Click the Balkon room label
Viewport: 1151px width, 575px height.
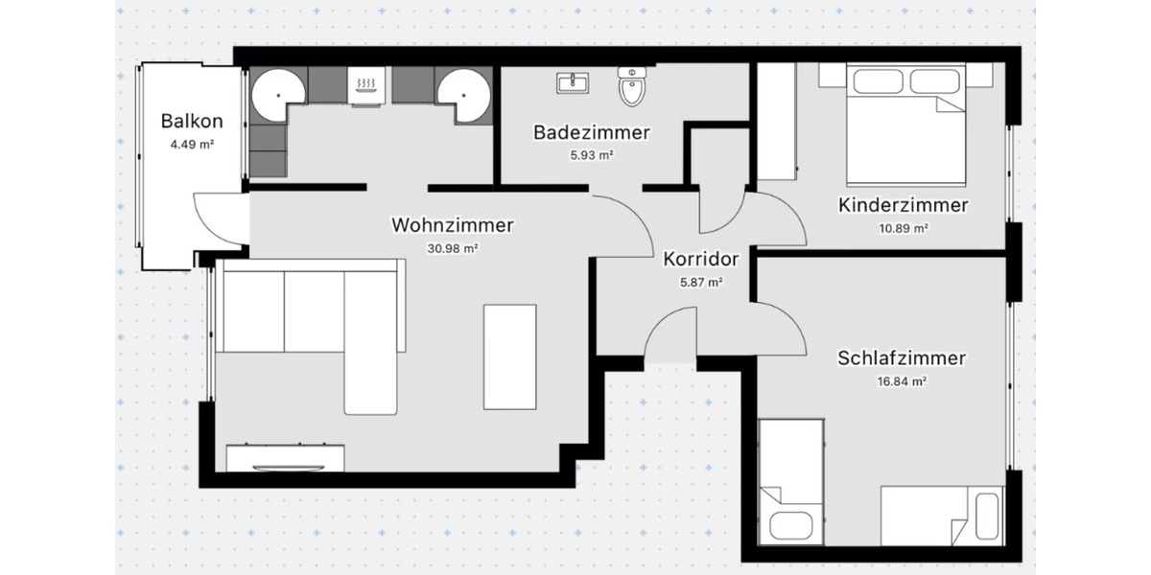192,122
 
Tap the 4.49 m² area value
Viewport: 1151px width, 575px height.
192,146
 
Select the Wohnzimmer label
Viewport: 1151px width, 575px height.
453,225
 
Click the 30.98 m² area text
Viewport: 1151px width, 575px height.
453,248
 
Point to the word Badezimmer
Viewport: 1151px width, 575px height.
592,132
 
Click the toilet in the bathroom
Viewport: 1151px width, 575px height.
633,87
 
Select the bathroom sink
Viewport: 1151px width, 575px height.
574,83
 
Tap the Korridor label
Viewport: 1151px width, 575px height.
700,259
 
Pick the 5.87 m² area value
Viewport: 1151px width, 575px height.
700,282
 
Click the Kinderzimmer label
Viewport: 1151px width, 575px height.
903,205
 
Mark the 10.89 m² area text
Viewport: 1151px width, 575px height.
903,228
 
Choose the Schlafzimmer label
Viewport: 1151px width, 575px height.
901,358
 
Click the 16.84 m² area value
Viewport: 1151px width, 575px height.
901,381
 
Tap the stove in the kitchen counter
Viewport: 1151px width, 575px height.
364,87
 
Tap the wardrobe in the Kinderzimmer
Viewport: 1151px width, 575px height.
775,122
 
